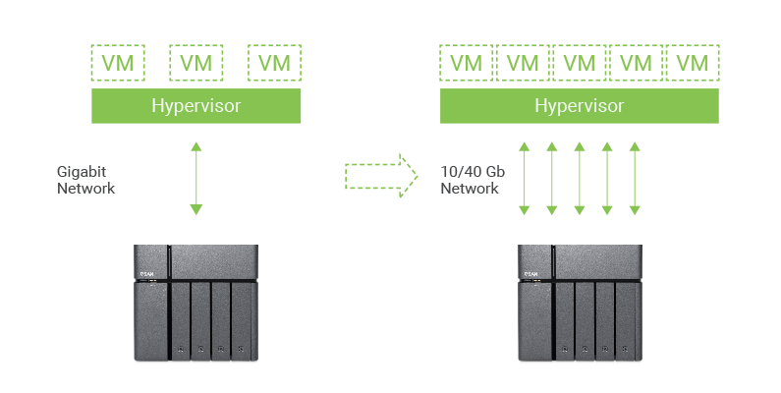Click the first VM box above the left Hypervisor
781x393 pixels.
(x=118, y=63)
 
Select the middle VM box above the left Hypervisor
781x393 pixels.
(x=196, y=63)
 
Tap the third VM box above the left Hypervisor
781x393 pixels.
(x=275, y=63)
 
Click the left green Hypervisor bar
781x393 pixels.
(x=196, y=106)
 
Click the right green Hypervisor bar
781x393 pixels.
(x=580, y=106)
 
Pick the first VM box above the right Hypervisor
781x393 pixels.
(x=467, y=63)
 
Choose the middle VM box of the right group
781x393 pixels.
(x=580, y=63)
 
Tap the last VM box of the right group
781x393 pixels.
(x=693, y=63)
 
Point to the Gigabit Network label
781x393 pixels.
(x=86, y=179)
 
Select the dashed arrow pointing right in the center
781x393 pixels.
(x=381, y=175)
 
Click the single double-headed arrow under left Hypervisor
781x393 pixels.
(x=196, y=178)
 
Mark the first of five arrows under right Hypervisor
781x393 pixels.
(x=525, y=178)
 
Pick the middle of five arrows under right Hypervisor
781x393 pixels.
(x=580, y=178)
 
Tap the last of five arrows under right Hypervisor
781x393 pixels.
(x=635, y=178)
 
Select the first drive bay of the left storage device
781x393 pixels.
(x=180, y=319)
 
